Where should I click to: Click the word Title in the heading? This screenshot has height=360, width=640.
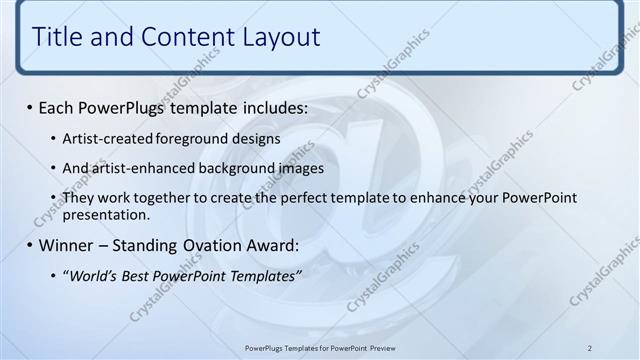[x=57, y=37]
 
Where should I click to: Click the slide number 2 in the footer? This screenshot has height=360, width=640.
[x=590, y=347]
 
